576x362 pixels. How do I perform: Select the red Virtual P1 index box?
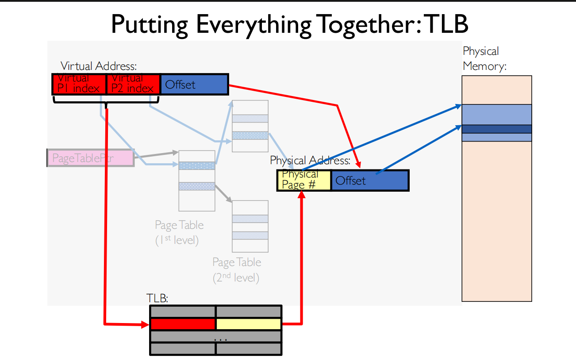(x=79, y=84)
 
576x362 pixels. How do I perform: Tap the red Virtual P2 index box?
(x=133, y=84)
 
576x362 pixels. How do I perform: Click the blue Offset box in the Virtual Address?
(x=193, y=84)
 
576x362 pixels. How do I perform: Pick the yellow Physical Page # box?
(x=304, y=181)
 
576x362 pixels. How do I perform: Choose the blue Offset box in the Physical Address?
(x=369, y=181)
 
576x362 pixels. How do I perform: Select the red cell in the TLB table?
(x=183, y=324)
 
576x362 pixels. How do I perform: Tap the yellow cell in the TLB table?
(x=249, y=324)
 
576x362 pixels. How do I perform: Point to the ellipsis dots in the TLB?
(x=220, y=339)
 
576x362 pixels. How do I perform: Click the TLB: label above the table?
(x=157, y=298)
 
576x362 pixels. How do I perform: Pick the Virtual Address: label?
(x=99, y=66)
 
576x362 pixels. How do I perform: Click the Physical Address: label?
(x=310, y=160)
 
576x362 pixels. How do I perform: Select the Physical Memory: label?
(x=484, y=59)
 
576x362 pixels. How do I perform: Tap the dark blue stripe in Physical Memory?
(x=496, y=129)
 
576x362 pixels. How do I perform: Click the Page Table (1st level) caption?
(x=179, y=233)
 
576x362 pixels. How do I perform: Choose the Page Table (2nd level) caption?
(x=237, y=270)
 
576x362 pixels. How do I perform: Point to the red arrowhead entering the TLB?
(x=145, y=324)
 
